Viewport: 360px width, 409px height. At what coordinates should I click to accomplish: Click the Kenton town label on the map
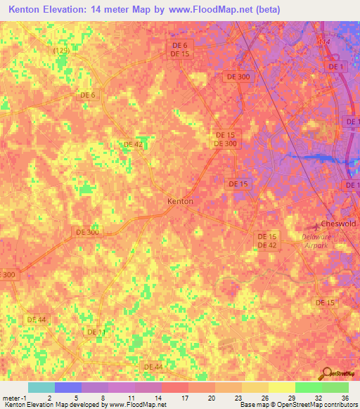(180, 201)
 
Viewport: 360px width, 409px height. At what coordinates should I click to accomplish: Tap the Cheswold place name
(338, 224)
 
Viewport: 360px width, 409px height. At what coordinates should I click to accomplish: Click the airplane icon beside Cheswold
(316, 226)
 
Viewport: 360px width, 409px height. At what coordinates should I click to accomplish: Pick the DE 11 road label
(96, 332)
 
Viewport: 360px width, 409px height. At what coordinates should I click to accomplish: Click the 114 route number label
(323, 43)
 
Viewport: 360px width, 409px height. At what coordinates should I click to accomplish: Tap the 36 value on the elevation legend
(345, 397)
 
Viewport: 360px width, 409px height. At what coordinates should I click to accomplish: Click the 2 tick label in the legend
(49, 397)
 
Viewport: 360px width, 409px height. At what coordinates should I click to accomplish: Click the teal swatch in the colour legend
(41, 387)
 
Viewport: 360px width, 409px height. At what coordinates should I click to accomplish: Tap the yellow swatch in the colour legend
(282, 387)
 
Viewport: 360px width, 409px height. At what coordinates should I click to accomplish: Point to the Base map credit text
(255, 405)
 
